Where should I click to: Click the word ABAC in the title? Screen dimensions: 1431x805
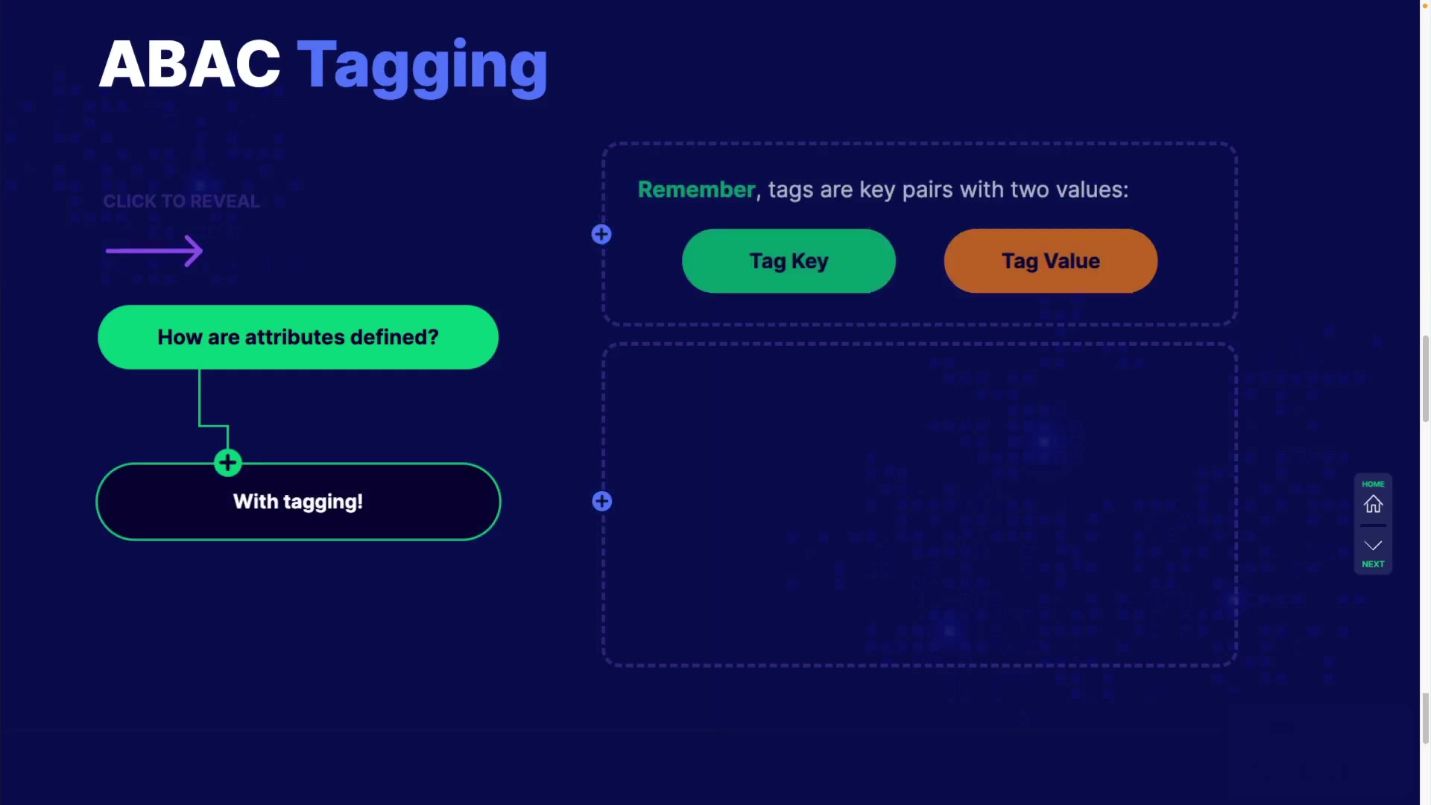(190, 65)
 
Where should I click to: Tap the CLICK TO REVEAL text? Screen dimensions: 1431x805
(181, 201)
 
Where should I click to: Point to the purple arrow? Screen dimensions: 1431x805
(154, 250)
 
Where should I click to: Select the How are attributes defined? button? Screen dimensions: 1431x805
(298, 337)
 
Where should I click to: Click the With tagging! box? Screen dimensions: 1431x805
(298, 502)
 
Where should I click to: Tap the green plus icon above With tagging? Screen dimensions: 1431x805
(228, 463)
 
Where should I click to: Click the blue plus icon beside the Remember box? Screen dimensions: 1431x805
(601, 235)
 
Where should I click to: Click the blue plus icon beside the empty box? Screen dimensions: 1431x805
(602, 502)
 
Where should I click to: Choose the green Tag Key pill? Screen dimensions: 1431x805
(789, 261)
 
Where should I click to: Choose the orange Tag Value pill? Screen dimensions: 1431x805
(1051, 261)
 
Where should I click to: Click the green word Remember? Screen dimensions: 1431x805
(697, 189)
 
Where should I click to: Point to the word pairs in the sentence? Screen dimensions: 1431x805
(927, 190)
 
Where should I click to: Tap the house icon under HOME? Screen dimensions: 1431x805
(1374, 505)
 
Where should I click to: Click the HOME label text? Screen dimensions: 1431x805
(1374, 484)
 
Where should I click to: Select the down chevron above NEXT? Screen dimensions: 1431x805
(1374, 546)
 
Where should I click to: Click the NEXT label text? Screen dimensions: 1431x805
(1374, 564)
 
